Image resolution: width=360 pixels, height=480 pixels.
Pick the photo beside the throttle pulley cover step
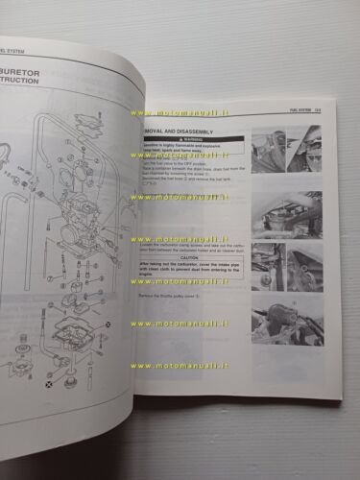[x=287, y=323]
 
